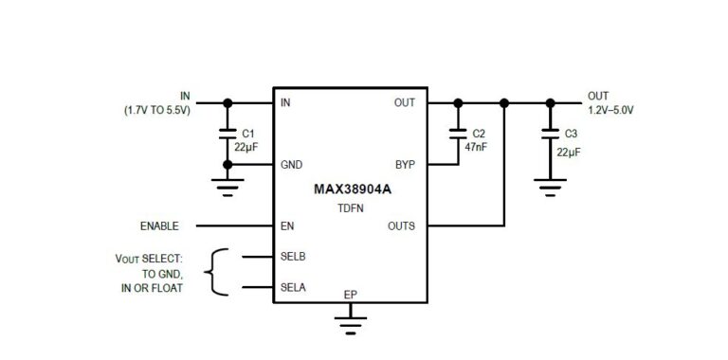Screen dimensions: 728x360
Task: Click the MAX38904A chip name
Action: point(353,189)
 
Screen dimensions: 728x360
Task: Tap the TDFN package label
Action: point(351,208)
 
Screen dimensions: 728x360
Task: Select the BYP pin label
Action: point(406,165)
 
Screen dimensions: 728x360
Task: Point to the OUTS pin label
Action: point(402,225)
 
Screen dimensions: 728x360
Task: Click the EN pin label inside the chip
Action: point(287,225)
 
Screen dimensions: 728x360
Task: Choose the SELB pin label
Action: point(293,256)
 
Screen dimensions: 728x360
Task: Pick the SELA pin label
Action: point(293,288)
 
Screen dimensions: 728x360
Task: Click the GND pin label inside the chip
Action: point(292,165)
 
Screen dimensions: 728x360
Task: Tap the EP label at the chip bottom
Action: point(351,295)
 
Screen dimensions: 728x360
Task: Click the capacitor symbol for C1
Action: point(227,134)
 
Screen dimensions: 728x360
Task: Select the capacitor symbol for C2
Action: point(458,134)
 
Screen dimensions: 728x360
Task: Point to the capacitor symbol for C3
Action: point(550,134)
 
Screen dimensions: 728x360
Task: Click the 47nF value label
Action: point(476,148)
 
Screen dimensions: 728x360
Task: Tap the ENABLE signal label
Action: point(159,225)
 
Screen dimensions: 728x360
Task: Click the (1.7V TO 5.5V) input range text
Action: point(157,111)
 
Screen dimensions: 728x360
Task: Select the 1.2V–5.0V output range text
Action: point(611,111)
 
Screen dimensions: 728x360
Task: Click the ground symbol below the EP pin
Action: point(351,325)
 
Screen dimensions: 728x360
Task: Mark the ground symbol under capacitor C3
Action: point(550,188)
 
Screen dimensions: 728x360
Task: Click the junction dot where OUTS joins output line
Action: point(504,103)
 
